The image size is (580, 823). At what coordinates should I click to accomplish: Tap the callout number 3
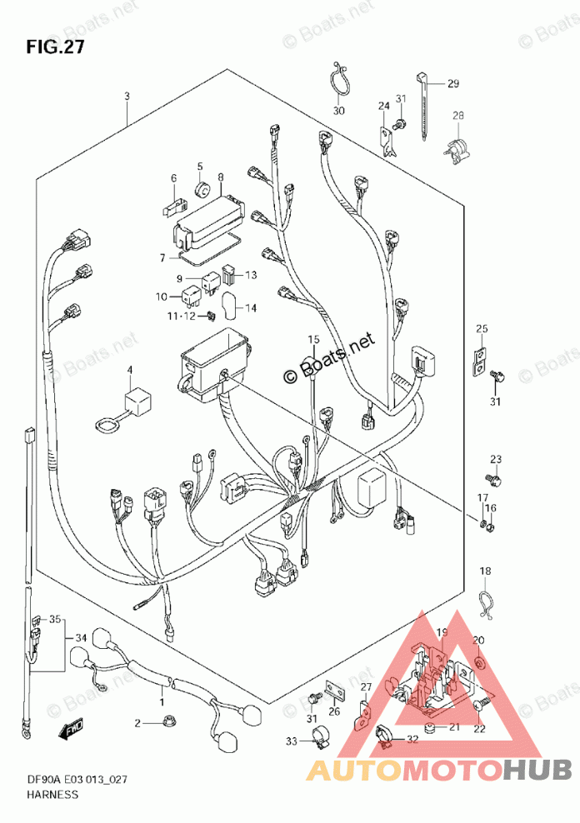tap(127, 97)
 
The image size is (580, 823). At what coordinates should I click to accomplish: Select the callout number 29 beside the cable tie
tap(452, 82)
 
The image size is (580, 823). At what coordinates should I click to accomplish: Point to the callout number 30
tap(337, 112)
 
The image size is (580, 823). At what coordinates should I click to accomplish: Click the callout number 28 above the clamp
tap(457, 116)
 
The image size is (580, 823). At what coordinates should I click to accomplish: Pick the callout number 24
tap(383, 106)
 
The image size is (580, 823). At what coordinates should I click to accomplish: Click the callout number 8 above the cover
tap(221, 177)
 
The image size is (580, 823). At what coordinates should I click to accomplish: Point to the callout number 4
tap(130, 369)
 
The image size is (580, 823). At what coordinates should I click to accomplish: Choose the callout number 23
tap(496, 459)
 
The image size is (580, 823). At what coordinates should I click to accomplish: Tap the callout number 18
tap(486, 571)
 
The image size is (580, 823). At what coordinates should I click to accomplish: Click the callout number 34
tap(81, 638)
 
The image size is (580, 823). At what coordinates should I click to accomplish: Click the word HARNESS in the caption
tap(52, 794)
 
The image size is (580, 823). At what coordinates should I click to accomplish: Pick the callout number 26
tap(335, 711)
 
